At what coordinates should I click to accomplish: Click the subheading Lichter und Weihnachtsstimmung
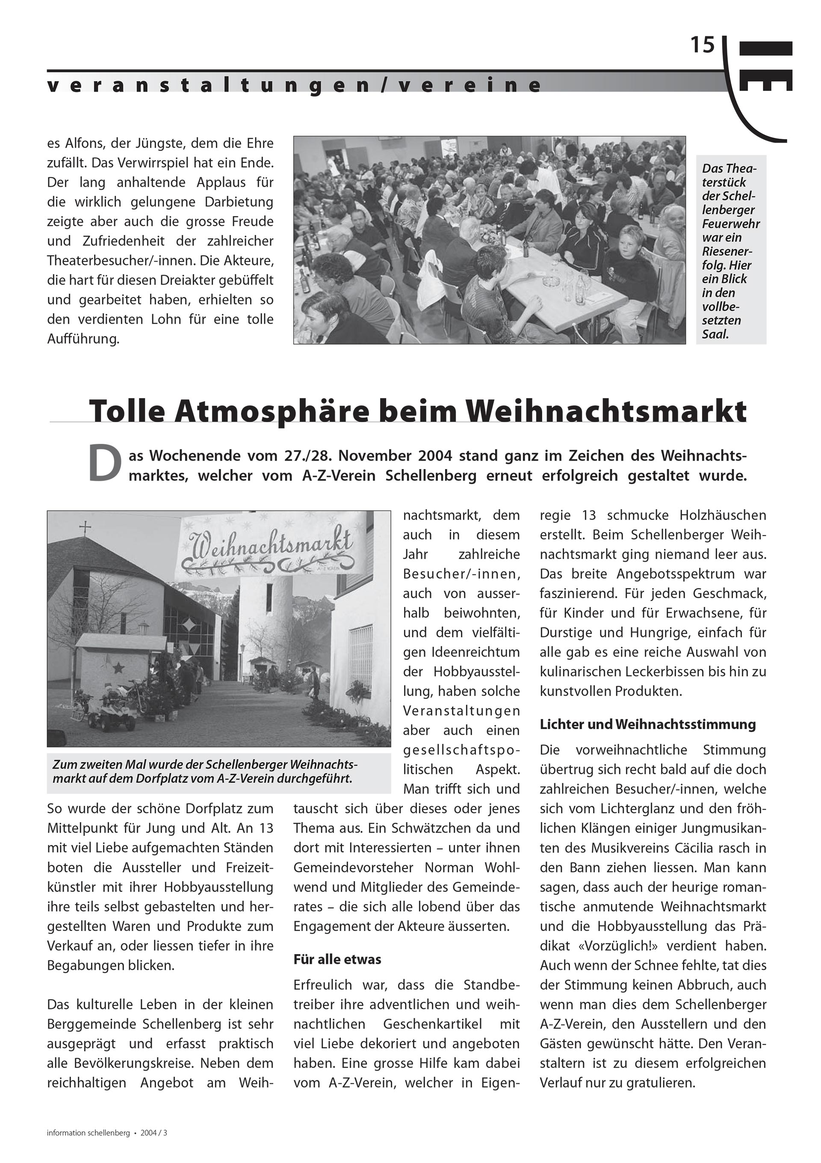pyautogui.click(x=647, y=724)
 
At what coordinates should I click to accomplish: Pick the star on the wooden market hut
pyautogui.click(x=118, y=668)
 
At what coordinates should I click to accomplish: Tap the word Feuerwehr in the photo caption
pyautogui.click(x=730, y=224)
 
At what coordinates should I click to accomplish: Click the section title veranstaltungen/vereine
pyautogui.click(x=294, y=85)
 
